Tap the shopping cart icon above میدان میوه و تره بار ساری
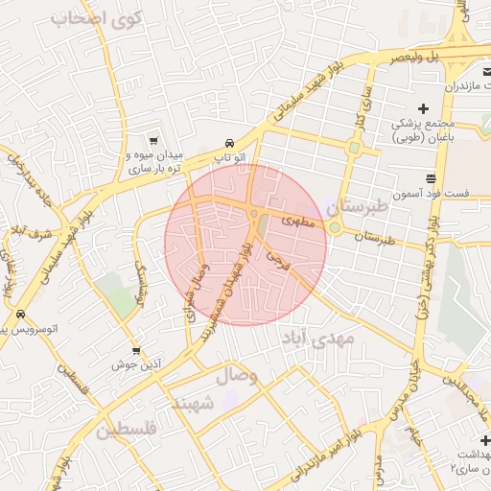[155, 140]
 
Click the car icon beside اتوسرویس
[20, 315]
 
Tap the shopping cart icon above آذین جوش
[135, 351]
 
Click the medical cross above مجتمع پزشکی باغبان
[423, 107]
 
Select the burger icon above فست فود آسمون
[433, 179]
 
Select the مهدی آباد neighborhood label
[317, 338]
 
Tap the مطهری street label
[298, 220]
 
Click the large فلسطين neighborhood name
[125, 430]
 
